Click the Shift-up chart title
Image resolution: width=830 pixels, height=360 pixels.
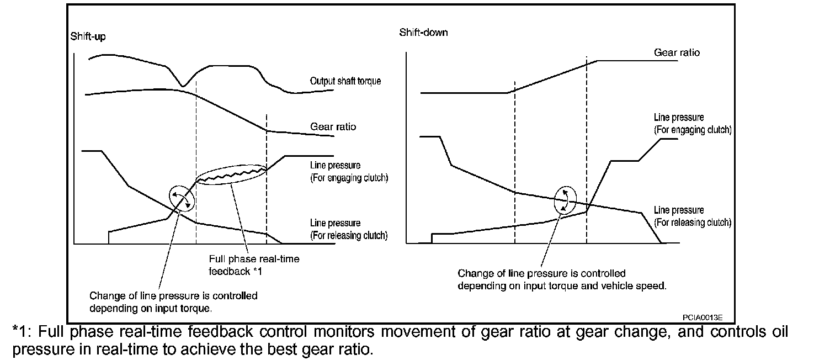pyautogui.click(x=88, y=37)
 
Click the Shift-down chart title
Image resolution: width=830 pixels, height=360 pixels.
pyautogui.click(x=423, y=33)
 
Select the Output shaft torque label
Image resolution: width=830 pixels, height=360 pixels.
pyautogui.click(x=345, y=81)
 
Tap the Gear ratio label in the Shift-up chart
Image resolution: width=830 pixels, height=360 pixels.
pyautogui.click(x=333, y=127)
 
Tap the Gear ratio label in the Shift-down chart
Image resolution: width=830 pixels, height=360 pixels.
pyautogui.click(x=677, y=53)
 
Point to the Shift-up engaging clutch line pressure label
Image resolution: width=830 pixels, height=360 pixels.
pyautogui.click(x=349, y=172)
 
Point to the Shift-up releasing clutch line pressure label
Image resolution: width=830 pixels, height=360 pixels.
pyautogui.click(x=348, y=229)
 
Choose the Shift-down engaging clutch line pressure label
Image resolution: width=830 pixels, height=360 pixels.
pyautogui.click(x=692, y=124)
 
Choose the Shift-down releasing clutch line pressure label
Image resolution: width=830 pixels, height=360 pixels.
pyautogui.click(x=692, y=216)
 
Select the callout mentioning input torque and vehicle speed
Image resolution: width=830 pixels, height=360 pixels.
pyautogui.click(x=562, y=280)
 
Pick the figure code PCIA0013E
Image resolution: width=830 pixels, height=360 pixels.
pyautogui.click(x=703, y=317)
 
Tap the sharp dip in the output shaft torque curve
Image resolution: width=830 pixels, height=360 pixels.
pyautogui.click(x=183, y=85)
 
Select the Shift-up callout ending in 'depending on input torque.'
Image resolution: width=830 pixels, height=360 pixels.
pyautogui.click(x=173, y=302)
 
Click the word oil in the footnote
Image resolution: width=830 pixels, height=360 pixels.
pyautogui.click(x=778, y=332)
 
